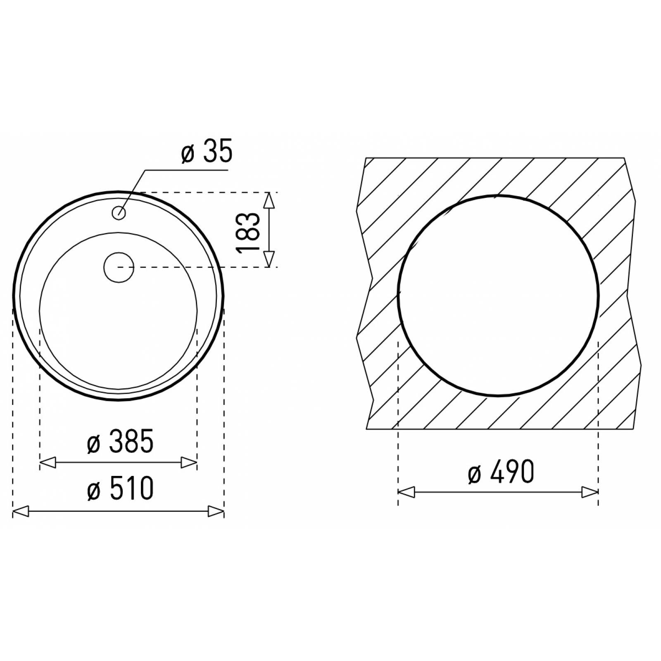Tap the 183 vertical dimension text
(248, 232)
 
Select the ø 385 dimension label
(120, 441)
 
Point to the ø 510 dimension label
(120, 488)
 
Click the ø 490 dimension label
(501, 472)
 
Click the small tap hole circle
(119, 213)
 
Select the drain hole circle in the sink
(119, 267)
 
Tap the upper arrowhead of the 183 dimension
(269, 201)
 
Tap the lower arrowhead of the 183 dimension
(269, 259)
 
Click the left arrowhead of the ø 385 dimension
(48, 463)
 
